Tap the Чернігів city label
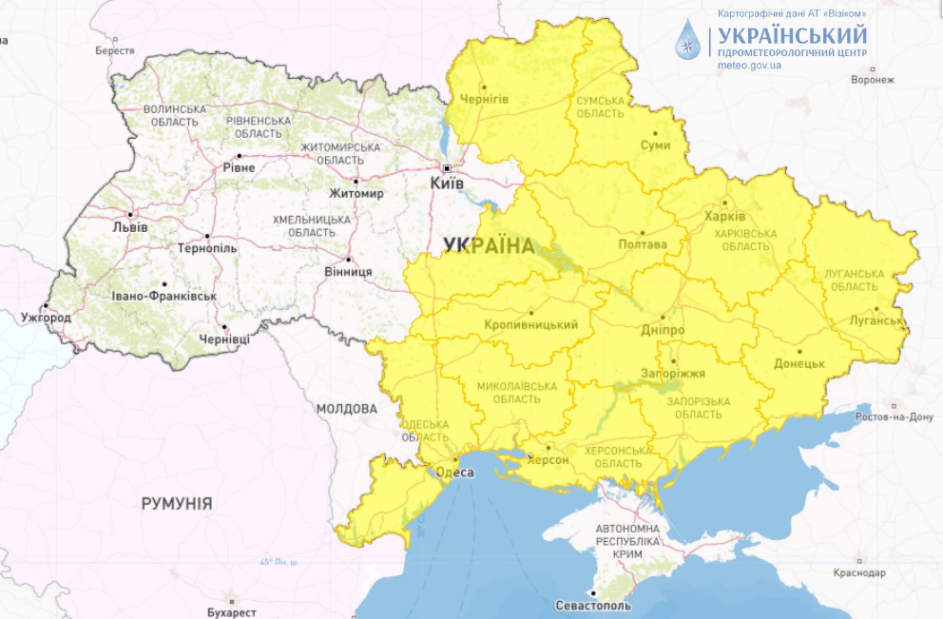coord(485,100)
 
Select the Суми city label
coord(656,145)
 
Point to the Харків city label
coord(725,216)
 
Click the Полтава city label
coord(643,243)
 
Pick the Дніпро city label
coord(663,330)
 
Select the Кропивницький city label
coord(531,325)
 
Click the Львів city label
coord(129,227)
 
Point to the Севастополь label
coord(592,605)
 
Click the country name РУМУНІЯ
coord(177,503)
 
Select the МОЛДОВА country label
coord(346,409)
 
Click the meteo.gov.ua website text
coord(750,66)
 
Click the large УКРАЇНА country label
coord(489,245)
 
